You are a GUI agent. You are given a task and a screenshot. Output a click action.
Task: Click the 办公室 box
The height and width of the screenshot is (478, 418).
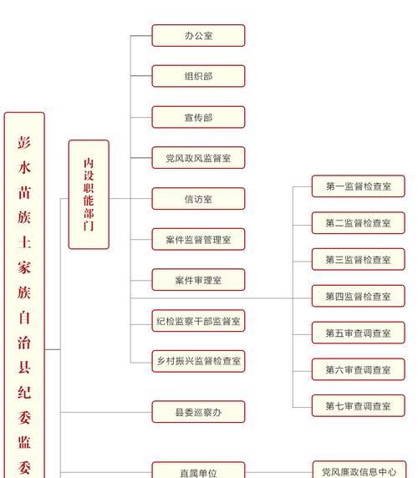198,36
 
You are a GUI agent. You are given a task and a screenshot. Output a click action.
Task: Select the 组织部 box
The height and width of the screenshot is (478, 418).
198,76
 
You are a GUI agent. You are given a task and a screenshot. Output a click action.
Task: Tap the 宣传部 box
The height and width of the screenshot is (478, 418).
198,117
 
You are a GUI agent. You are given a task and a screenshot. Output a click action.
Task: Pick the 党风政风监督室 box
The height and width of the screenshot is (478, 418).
198,158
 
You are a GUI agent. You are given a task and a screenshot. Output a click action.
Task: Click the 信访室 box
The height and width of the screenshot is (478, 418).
198,199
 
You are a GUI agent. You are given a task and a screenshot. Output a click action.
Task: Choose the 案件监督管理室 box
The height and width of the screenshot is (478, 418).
198,239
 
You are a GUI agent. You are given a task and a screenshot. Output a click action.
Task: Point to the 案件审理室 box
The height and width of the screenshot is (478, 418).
198,280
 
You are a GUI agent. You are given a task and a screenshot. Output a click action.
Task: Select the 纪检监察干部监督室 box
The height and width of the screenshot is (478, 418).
198,321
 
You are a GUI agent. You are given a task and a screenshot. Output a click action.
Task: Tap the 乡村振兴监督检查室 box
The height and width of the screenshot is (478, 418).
198,361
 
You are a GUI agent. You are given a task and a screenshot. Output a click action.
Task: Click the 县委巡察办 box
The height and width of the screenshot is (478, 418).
198,412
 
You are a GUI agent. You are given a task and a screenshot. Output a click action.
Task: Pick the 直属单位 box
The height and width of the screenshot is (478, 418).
198,470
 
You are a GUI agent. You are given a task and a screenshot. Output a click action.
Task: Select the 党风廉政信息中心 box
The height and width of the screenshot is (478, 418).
359,470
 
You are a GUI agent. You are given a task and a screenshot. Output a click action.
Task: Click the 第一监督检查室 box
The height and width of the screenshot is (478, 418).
359,186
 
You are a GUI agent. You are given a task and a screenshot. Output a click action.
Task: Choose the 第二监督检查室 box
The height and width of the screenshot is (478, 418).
359,223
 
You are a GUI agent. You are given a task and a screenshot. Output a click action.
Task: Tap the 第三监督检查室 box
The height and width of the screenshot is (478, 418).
359,259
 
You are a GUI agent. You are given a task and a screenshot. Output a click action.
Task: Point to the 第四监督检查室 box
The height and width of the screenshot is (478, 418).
359,296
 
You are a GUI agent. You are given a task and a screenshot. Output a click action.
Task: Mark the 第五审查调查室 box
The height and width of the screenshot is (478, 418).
359,333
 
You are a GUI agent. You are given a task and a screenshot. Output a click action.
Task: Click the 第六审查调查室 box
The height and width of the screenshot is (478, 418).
359,369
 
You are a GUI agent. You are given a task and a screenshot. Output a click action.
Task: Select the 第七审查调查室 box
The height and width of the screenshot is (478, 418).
359,406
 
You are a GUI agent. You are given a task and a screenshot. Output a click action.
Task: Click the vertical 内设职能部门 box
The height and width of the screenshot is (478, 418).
89,195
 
